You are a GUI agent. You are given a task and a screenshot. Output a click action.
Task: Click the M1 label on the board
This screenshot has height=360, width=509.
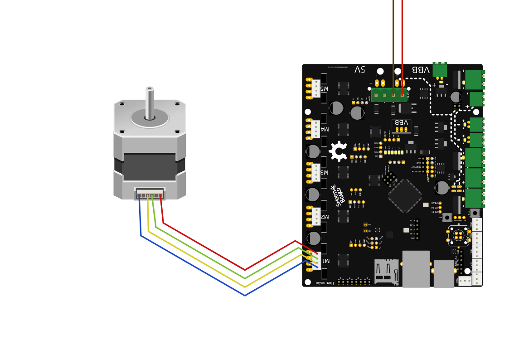(x=325, y=261)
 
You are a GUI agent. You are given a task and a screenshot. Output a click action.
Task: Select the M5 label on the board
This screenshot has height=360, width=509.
(x=325, y=88)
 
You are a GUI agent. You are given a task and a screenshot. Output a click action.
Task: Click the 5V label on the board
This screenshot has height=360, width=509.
(x=359, y=69)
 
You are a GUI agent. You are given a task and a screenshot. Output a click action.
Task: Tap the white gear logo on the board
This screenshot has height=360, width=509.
(x=338, y=151)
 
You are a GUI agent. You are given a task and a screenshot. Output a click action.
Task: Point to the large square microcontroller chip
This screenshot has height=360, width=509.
(x=405, y=196)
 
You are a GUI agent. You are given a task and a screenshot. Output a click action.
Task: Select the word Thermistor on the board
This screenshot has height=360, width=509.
(x=325, y=283)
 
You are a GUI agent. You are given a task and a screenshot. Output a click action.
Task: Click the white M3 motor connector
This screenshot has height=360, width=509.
(x=315, y=172)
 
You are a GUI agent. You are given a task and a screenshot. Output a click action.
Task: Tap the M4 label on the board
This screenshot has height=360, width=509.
(x=325, y=129)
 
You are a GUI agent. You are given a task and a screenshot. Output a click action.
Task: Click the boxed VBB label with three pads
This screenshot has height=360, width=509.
(x=401, y=126)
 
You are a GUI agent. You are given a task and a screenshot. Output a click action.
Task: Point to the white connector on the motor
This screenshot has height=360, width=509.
(x=150, y=193)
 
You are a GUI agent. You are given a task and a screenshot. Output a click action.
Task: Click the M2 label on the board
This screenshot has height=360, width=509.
(x=325, y=216)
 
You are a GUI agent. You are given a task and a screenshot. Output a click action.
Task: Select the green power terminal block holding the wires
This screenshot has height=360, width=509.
(x=389, y=94)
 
